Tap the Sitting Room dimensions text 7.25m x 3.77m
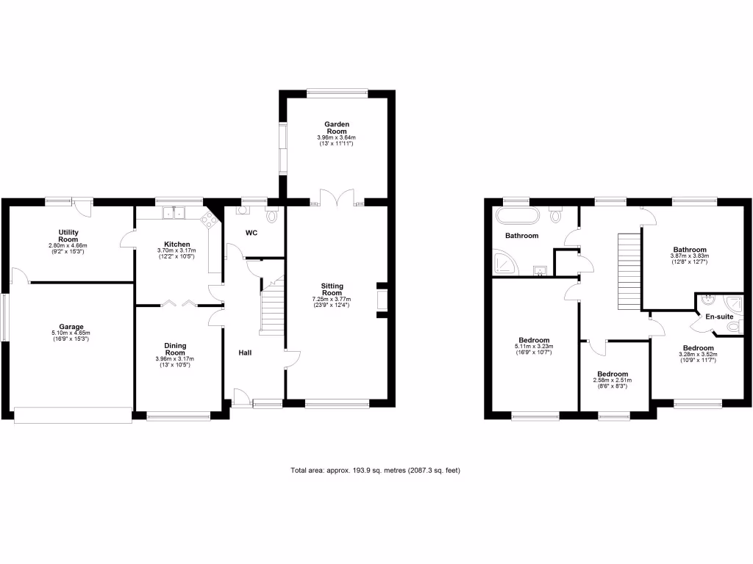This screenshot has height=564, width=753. [335, 299]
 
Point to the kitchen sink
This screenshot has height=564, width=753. [175, 213]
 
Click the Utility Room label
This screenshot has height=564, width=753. [68, 236]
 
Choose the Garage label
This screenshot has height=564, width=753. [71, 327]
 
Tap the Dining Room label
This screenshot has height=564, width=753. [175, 349]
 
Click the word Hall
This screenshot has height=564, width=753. [245, 353]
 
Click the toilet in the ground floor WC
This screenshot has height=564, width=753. [274, 214]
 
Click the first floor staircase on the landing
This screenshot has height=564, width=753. [627, 272]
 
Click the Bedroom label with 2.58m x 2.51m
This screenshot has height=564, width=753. [612, 373]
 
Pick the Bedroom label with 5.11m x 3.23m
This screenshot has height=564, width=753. [534, 340]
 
